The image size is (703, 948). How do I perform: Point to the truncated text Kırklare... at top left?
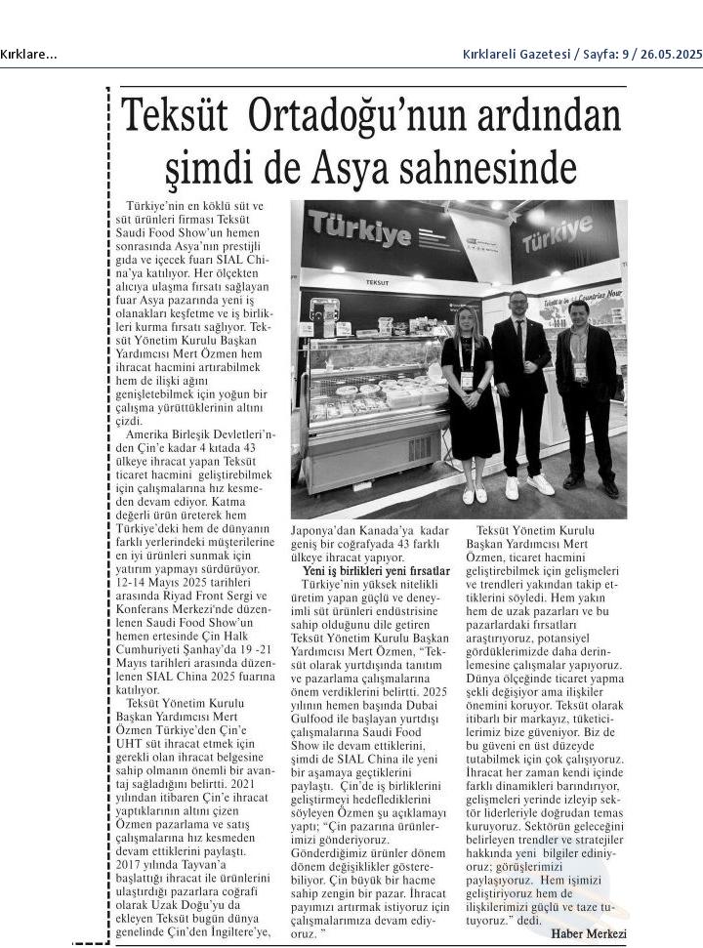click(x=29, y=55)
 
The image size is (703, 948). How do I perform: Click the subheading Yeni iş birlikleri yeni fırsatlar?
click(x=375, y=570)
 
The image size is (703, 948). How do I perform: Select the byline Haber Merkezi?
click(x=589, y=933)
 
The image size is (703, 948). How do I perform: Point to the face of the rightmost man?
click(x=578, y=314)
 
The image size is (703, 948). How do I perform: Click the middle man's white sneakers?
click(x=528, y=485)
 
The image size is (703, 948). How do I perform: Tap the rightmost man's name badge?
click(x=580, y=372)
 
